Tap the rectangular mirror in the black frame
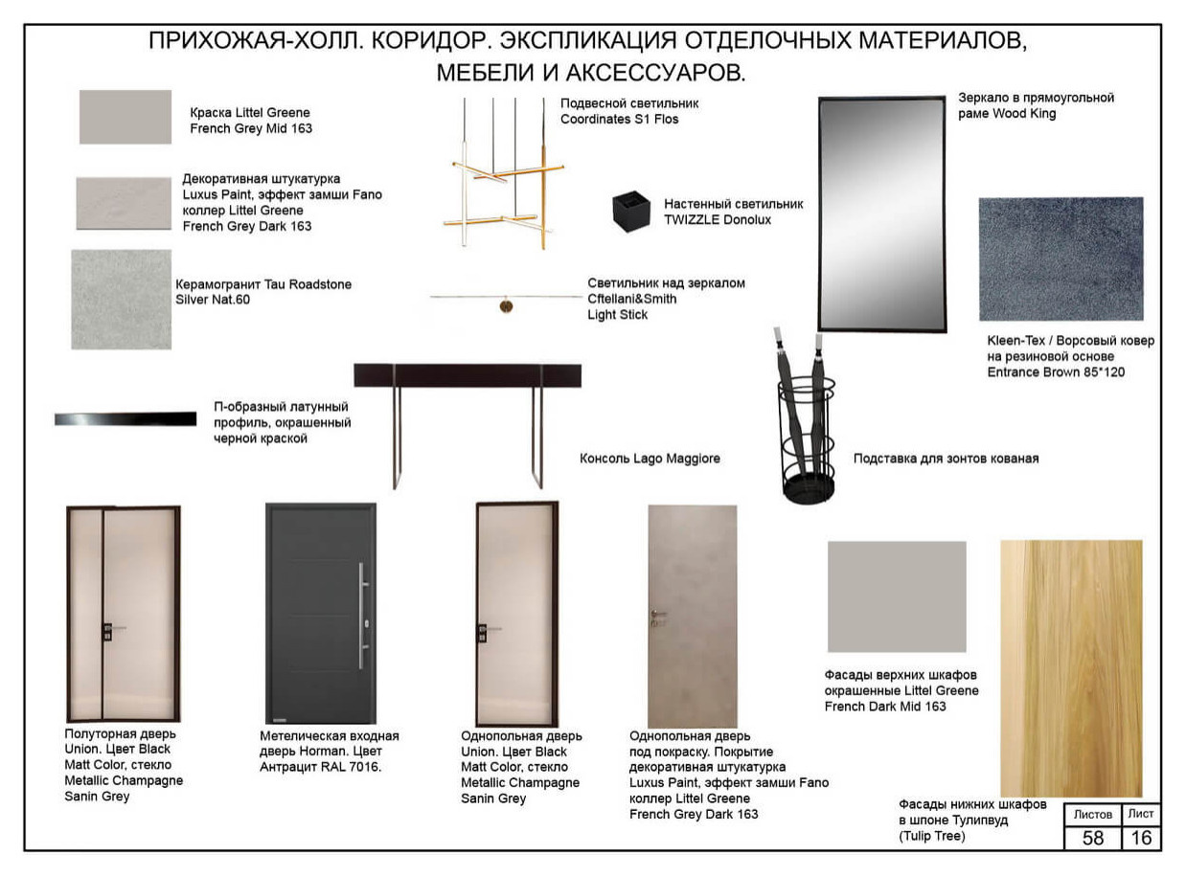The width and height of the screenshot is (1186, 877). (x=881, y=214)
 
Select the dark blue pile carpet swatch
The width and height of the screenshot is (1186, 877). (x=1061, y=259)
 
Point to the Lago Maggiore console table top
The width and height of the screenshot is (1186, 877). (x=468, y=375)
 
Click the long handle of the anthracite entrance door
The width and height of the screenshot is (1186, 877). (x=362, y=615)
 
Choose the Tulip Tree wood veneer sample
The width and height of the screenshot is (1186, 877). (x=1071, y=668)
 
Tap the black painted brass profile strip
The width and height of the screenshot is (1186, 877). (x=125, y=418)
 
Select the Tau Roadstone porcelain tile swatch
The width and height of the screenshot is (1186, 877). (x=122, y=300)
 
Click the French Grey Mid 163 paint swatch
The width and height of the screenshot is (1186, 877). (x=125, y=117)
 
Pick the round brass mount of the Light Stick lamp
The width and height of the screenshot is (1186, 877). (x=506, y=306)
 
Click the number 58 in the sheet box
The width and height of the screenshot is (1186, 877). (x=1092, y=838)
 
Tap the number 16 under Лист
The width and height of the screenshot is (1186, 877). (x=1141, y=838)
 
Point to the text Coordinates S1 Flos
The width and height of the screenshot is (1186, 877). (x=619, y=119)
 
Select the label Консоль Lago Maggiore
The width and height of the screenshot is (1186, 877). (x=650, y=459)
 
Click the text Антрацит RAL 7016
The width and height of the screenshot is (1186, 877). (x=320, y=767)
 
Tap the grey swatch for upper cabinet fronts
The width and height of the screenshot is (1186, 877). (x=897, y=596)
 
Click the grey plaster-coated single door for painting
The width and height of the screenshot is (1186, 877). (x=693, y=617)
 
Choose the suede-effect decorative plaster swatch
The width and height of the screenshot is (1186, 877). (x=124, y=204)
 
